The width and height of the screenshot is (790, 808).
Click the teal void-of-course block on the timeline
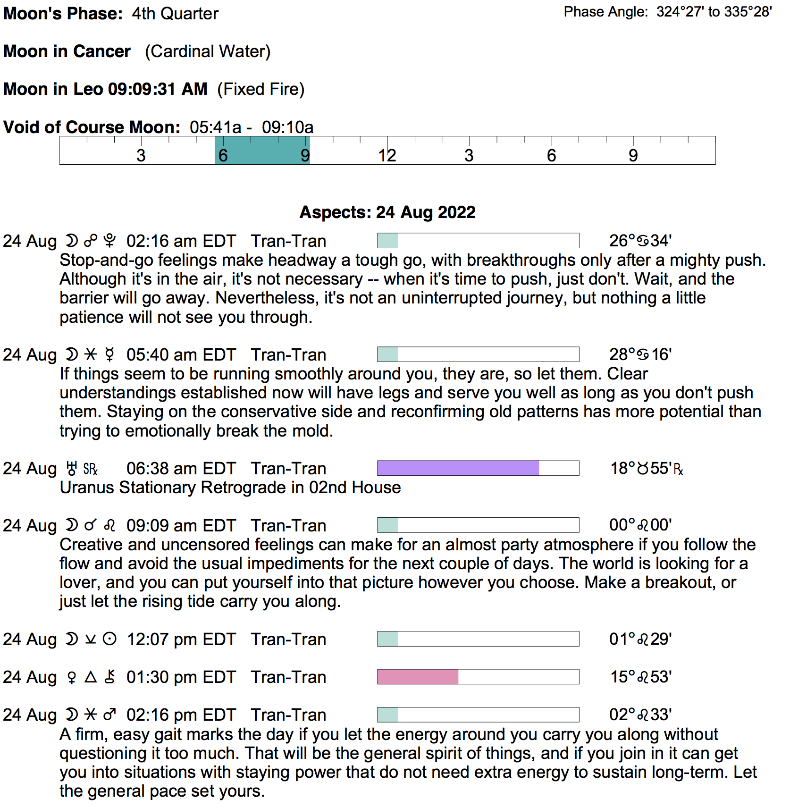[262, 151]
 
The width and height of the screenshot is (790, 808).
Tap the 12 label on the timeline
[387, 155]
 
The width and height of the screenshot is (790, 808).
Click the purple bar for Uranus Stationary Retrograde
[458, 468]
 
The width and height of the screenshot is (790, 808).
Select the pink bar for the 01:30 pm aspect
[418, 677]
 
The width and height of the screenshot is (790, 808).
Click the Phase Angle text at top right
[667, 12]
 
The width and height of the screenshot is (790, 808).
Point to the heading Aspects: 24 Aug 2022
[387, 212]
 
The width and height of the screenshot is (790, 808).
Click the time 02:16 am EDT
[181, 241]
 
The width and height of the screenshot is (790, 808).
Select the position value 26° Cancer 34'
[640, 241]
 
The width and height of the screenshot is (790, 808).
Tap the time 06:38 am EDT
[181, 469]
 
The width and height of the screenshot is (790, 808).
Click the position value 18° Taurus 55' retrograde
[646, 468]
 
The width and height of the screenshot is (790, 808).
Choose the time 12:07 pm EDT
[181, 640]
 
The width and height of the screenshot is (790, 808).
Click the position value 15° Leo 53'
[641, 677]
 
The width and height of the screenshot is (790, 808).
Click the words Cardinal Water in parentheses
[208, 51]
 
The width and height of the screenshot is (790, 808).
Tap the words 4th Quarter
[175, 14]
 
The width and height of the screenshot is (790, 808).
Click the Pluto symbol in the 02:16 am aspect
[109, 241]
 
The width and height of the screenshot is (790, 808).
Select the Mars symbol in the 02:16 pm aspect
[109, 715]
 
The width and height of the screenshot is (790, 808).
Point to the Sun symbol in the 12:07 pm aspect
[109, 640]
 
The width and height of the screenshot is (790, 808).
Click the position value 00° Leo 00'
[640, 525]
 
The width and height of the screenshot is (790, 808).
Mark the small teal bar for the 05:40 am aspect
[387, 354]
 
